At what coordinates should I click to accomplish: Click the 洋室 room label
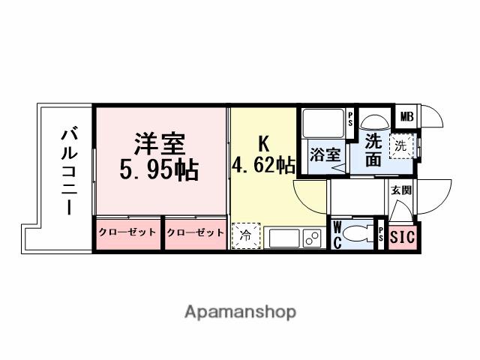point(159,142)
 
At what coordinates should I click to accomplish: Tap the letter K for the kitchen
point(263,142)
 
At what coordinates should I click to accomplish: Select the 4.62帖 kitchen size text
point(263,165)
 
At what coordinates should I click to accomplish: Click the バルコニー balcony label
point(69,172)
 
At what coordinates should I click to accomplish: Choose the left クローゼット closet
point(127,232)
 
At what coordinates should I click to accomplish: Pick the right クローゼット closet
point(195,232)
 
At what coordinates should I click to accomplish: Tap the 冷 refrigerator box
point(247,235)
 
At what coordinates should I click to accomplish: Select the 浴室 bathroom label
point(325,156)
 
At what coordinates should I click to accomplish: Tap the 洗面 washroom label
point(373,149)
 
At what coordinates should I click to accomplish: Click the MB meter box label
point(406,116)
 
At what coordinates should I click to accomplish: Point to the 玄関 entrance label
point(400,190)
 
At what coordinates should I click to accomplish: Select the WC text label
point(337,233)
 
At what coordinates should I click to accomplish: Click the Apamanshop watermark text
point(240,311)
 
